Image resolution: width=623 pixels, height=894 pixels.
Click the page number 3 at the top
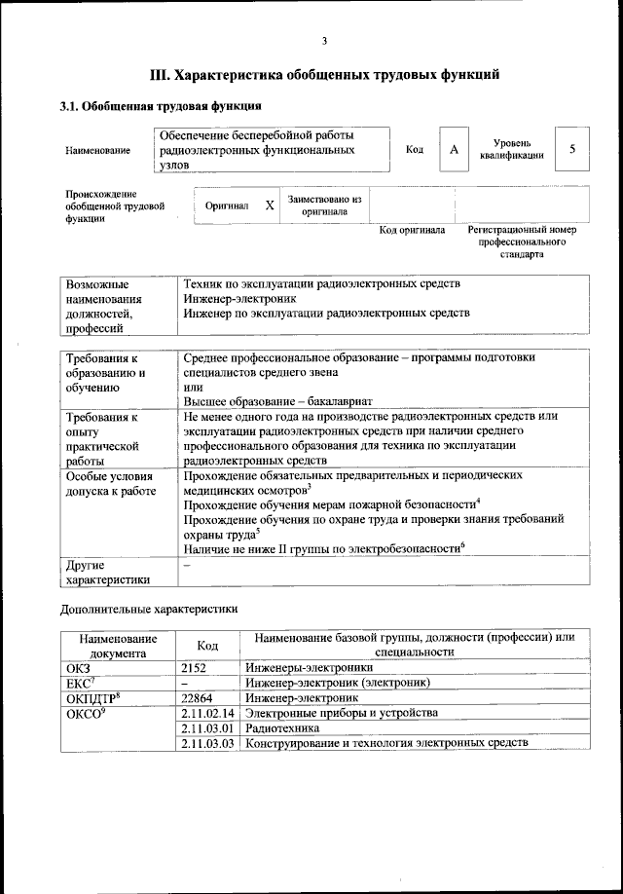324,41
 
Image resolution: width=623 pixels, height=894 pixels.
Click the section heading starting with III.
324,73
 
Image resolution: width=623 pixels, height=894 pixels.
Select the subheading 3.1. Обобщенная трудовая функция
161,105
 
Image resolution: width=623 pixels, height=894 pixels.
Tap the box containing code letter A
454,150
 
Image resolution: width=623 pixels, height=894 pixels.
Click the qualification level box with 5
572,149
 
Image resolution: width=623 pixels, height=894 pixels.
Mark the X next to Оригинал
270,205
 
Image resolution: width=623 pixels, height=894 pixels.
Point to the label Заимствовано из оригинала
324,205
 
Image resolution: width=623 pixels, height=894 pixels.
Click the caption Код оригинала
412,231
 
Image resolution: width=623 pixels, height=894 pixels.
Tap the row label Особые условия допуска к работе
110,484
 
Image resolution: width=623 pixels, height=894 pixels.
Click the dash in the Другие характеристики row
187,565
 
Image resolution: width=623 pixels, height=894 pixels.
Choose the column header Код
207,645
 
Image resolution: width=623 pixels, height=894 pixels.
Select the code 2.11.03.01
208,727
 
